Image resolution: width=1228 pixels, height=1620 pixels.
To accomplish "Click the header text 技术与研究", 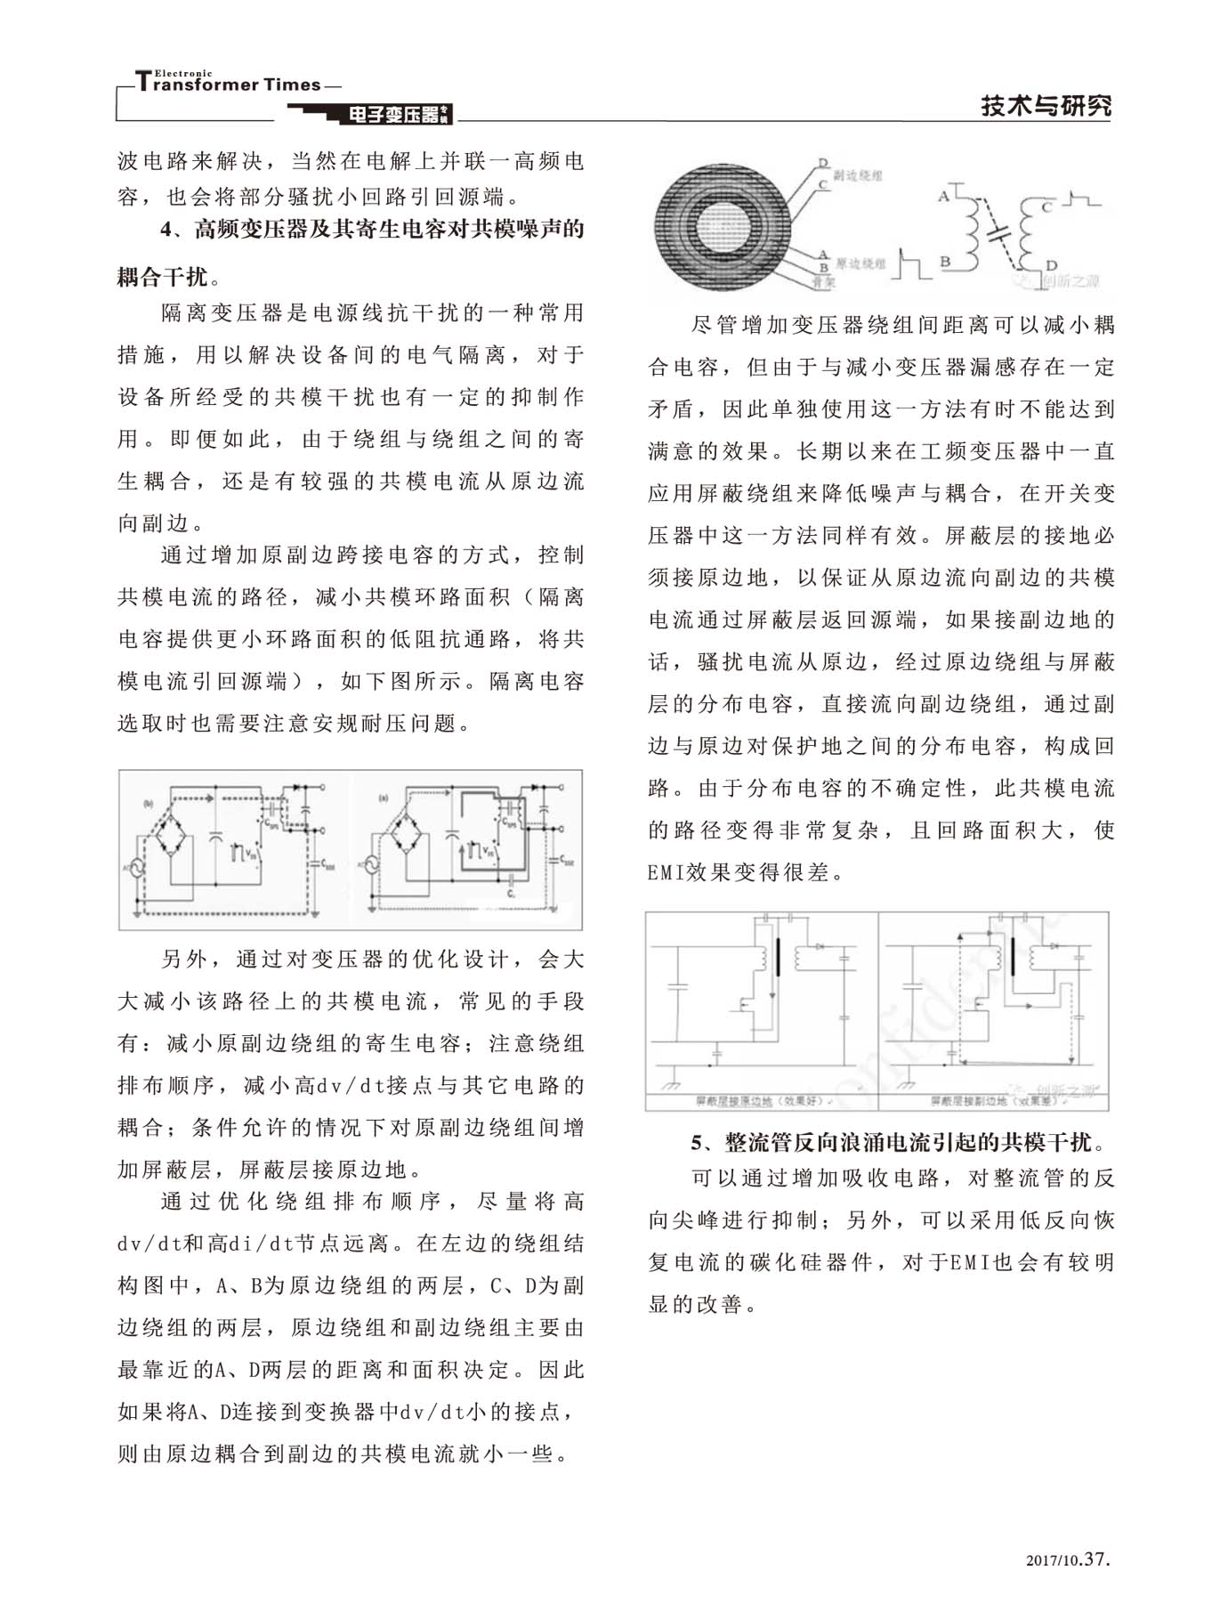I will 1046,106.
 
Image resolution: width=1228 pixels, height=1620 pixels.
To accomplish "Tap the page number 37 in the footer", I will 1098,1559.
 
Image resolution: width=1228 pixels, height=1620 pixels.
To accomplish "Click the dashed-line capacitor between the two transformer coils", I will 998,231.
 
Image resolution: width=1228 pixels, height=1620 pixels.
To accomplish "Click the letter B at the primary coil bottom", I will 946,262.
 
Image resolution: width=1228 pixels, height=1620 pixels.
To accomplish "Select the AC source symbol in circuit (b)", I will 139,867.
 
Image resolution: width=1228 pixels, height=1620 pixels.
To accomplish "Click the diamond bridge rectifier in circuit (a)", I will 403,838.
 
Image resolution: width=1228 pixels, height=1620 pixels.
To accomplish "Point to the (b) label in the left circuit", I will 149,804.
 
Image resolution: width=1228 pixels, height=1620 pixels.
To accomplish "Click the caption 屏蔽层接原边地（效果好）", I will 759,1101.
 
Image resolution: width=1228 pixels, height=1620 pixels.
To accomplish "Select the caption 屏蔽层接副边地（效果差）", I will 993,1101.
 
